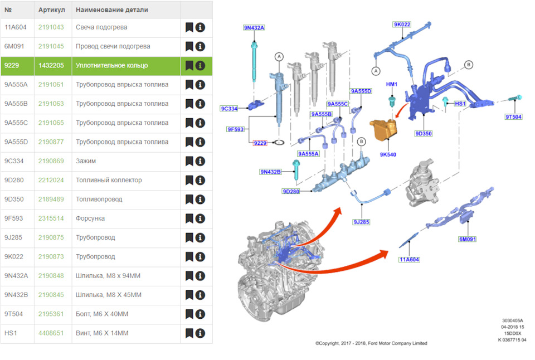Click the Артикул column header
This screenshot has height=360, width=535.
pyautogui.click(x=51, y=10)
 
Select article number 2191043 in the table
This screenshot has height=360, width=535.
pyautogui.click(x=51, y=27)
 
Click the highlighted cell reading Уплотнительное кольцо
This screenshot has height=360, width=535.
pyautogui.click(x=112, y=66)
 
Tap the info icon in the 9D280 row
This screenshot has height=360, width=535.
pyautogui.click(x=200, y=180)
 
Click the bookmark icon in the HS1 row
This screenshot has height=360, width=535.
pyautogui.click(x=189, y=333)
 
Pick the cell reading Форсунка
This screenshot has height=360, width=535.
pyautogui.click(x=90, y=218)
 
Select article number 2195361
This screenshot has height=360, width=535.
pyautogui.click(x=51, y=314)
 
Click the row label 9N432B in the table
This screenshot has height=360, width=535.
pyautogui.click(x=16, y=295)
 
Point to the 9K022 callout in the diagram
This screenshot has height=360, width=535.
pyautogui.click(x=402, y=24)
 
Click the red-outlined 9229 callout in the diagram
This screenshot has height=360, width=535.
pyautogui.click(x=260, y=143)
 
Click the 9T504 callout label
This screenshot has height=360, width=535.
pyautogui.click(x=513, y=116)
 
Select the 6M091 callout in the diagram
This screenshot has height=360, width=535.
pyautogui.click(x=468, y=239)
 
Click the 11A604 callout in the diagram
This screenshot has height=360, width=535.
pyautogui.click(x=410, y=259)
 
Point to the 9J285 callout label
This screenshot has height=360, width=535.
pyautogui.click(x=361, y=222)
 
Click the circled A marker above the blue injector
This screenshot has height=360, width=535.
pyautogui.click(x=279, y=57)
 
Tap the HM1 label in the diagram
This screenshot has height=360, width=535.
pyautogui.click(x=392, y=84)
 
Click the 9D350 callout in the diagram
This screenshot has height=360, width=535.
pyautogui.click(x=424, y=133)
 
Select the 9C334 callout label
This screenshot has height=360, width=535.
pyautogui.click(x=229, y=109)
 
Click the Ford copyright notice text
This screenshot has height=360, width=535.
pyautogui.click(x=371, y=343)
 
